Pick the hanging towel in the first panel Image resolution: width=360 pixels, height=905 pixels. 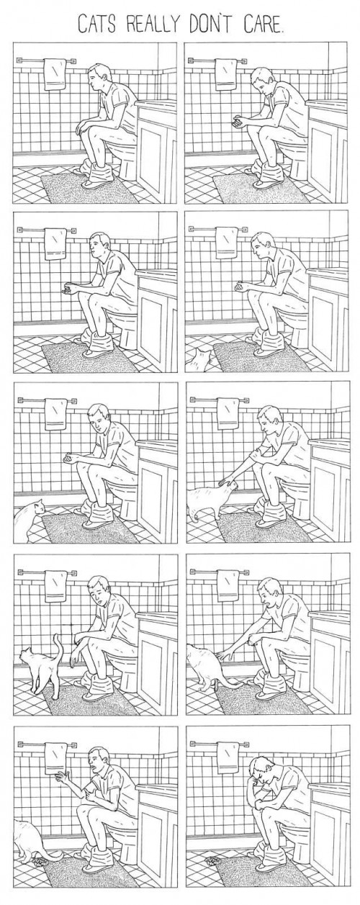55,75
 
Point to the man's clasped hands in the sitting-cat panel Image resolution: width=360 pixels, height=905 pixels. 70,458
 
